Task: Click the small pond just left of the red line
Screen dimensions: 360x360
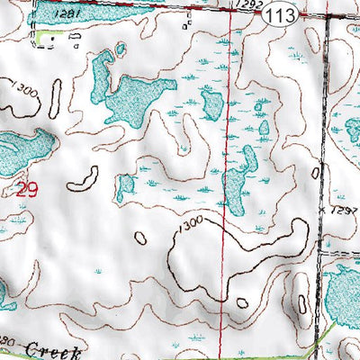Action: coord(211,103)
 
